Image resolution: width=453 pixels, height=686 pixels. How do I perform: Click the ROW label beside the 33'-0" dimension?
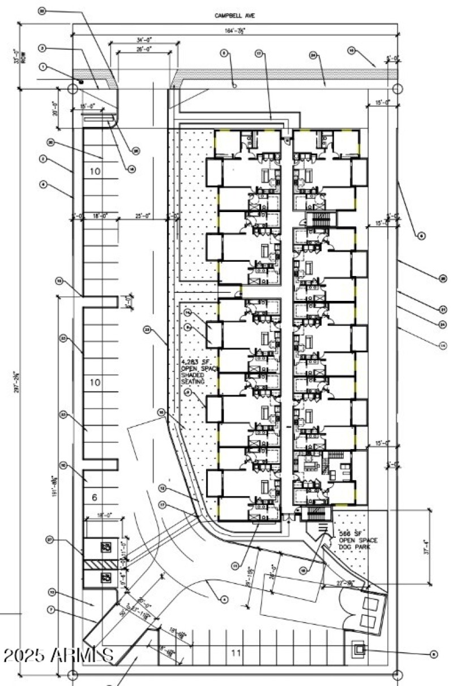23,58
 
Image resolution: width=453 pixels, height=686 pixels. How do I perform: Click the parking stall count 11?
236,653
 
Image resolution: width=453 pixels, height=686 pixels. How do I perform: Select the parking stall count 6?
95,497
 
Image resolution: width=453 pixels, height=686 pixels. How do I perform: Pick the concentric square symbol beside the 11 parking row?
358,649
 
